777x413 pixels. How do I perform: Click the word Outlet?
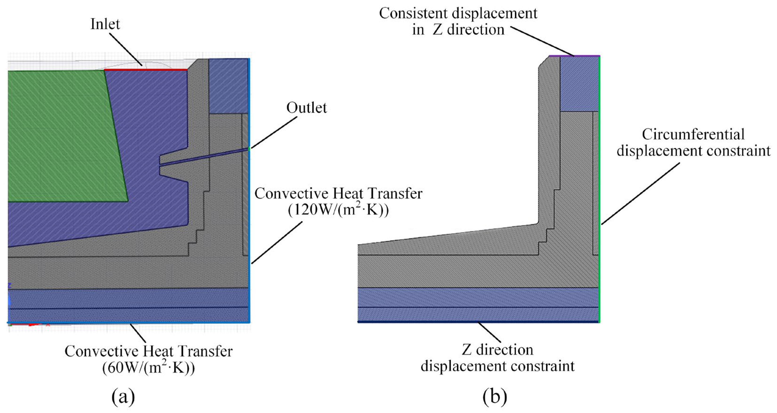point(306,108)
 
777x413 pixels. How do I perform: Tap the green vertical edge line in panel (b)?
point(599,187)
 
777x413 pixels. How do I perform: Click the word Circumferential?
point(693,135)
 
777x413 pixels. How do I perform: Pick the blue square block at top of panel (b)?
point(579,84)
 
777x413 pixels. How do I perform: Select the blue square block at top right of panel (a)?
point(228,86)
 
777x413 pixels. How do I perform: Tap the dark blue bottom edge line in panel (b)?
point(478,322)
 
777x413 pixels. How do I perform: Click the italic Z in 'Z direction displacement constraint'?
point(467,350)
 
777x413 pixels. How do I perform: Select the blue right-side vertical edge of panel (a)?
point(249,211)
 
